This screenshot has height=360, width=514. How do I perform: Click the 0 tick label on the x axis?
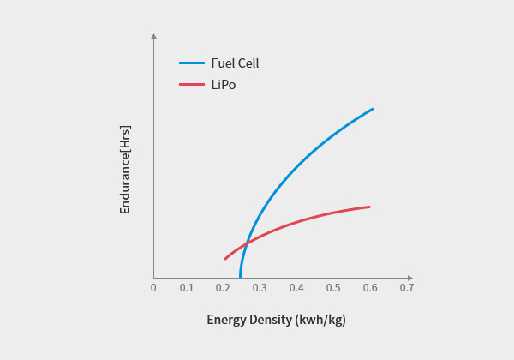pos(153,287)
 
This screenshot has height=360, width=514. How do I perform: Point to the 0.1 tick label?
pos(187,287)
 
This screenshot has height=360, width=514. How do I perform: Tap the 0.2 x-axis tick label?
pos(223,287)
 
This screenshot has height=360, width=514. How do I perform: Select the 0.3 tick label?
pos(260,287)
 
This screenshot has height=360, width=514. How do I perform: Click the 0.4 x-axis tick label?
pos(296,287)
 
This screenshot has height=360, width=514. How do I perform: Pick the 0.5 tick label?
pos(332,287)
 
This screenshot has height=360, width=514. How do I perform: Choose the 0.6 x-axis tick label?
pos(369,287)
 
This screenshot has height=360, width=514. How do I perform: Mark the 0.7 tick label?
pos(406,287)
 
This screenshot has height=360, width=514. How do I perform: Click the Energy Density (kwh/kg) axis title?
pos(276,320)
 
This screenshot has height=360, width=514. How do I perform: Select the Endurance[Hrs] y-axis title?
pos(125,169)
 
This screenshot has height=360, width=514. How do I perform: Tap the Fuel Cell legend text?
pos(235,63)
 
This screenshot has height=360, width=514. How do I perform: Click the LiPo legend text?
pos(224,85)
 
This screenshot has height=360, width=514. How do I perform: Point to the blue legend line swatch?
pos(192,63)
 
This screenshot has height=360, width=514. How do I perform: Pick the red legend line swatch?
pos(192,85)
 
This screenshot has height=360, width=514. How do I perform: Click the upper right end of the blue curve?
pos(373,110)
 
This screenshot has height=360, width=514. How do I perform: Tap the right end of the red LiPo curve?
pos(369,207)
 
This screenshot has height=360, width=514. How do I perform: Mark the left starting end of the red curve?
pos(225,258)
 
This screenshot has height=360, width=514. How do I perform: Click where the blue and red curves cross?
pos(246,245)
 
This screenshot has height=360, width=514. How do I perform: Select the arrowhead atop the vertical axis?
pos(153,36)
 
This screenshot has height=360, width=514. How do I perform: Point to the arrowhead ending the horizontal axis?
pos(410,278)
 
